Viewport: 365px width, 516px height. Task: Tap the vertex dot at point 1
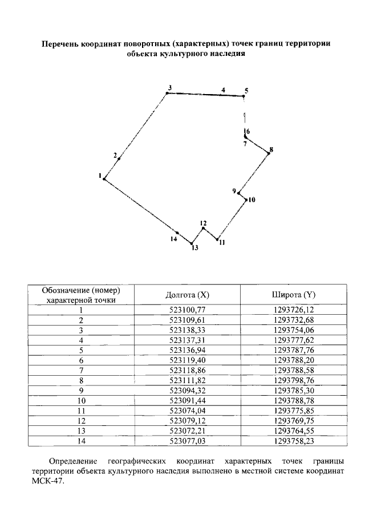click(x=104, y=179)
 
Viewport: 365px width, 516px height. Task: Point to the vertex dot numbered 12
click(x=204, y=229)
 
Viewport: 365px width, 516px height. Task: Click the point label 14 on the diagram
click(x=174, y=239)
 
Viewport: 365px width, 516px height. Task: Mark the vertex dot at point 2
click(x=119, y=159)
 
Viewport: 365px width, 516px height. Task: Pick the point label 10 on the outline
click(x=252, y=200)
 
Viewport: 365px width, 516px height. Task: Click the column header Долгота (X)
click(x=188, y=295)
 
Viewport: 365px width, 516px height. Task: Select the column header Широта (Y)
click(x=293, y=295)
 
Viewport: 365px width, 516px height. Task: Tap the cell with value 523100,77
click(x=188, y=310)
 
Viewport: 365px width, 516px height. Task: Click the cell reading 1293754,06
click(x=293, y=330)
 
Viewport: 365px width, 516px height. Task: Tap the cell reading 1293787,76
click(x=293, y=350)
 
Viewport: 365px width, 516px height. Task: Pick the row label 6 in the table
click(x=82, y=360)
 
